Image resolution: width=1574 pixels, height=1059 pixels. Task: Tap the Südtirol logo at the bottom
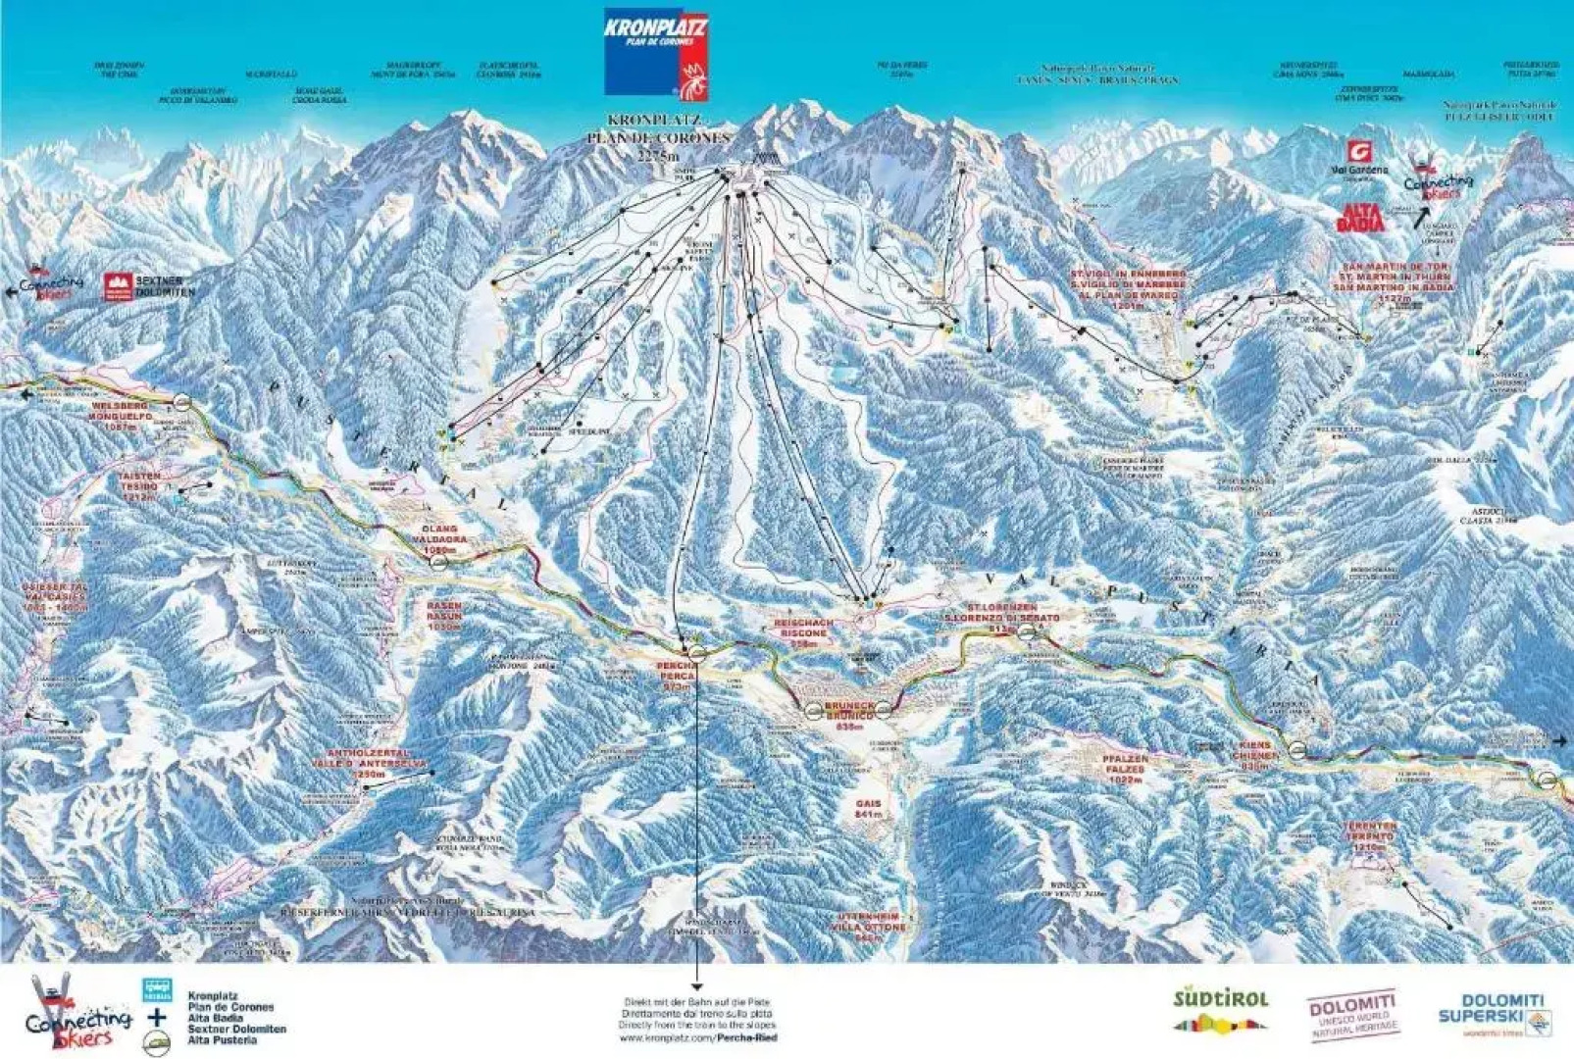[x=1221, y=1010]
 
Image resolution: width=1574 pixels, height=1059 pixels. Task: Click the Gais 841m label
[x=869, y=808]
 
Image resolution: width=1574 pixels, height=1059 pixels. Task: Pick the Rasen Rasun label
[x=443, y=616]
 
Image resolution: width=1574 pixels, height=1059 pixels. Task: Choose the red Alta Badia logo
[x=1360, y=218]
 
